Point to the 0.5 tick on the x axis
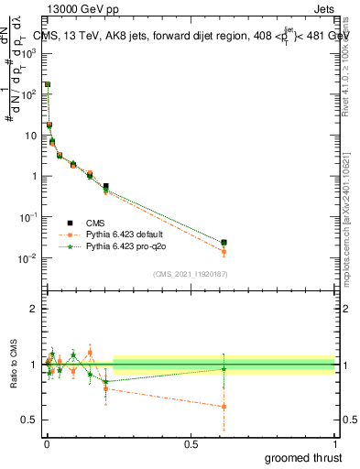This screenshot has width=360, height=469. click(x=191, y=442)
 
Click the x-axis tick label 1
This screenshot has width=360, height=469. click(x=334, y=442)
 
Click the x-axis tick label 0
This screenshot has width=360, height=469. click(x=47, y=442)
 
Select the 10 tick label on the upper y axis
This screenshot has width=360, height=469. click(x=29, y=135)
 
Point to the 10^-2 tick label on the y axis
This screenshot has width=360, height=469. click(x=27, y=258)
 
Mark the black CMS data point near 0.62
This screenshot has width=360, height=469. click(x=224, y=243)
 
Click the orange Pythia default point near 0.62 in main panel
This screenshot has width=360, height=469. click(x=224, y=251)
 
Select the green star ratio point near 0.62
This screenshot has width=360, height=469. click(x=224, y=368)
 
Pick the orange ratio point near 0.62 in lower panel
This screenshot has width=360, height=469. click(x=224, y=407)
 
